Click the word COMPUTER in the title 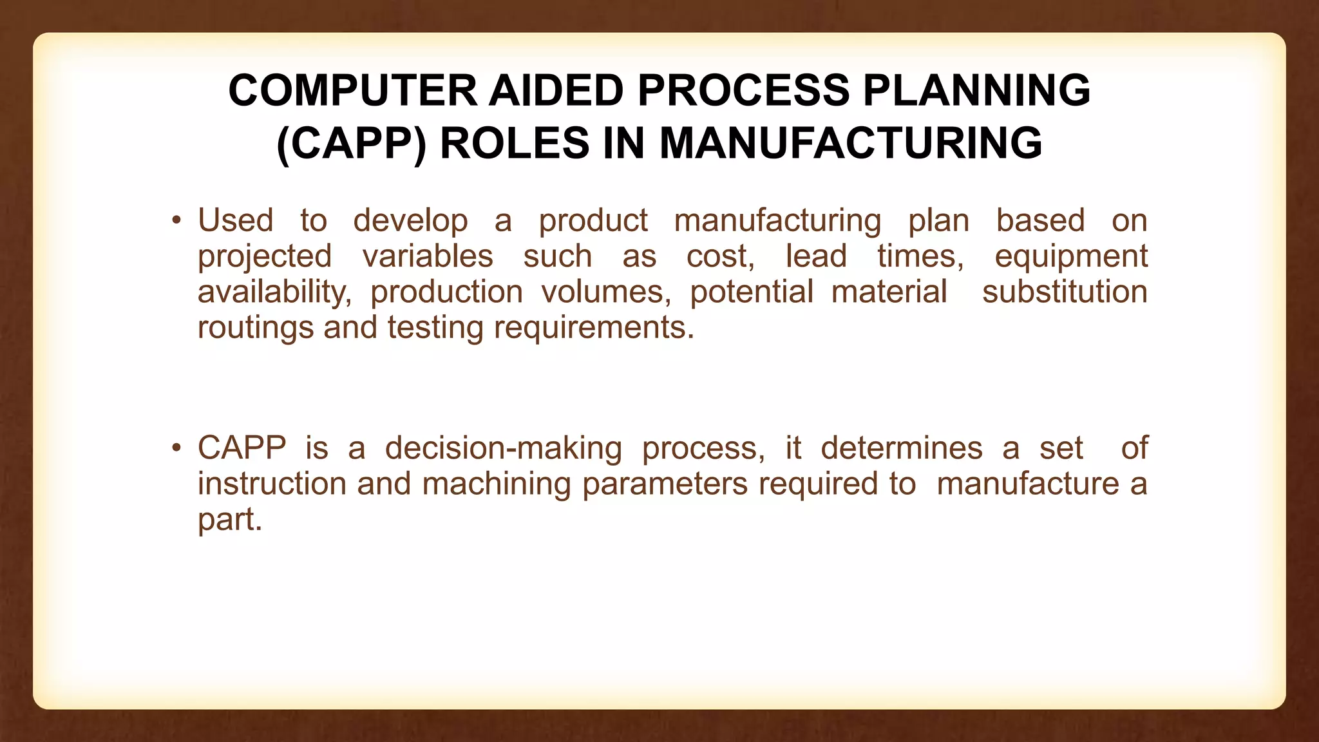352,90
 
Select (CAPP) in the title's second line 351,143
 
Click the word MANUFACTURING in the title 851,143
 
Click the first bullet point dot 176,221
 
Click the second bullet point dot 176,448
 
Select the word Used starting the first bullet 235,221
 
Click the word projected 264,257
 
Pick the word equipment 1070,257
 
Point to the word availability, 274,292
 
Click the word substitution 1065,292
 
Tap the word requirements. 594,328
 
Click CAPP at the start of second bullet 242,448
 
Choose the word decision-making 503,449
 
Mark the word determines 901,448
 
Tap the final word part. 229,520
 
